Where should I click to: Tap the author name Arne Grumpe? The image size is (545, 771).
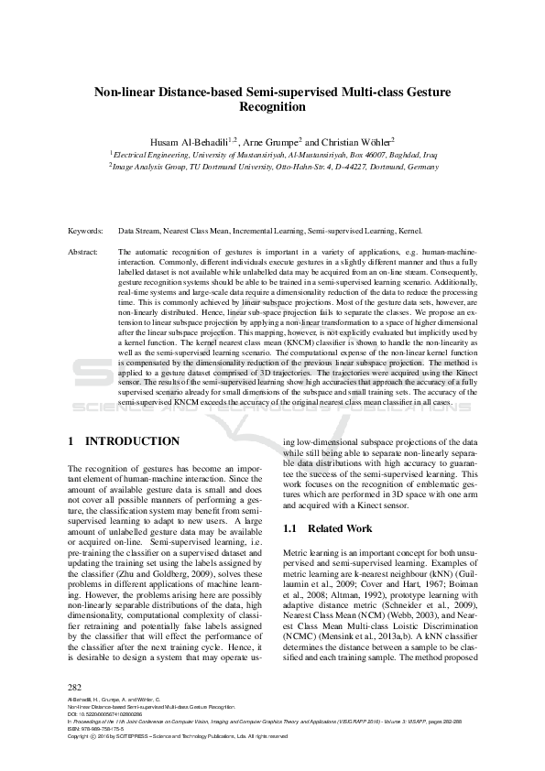273,142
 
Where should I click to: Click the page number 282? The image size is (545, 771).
76,686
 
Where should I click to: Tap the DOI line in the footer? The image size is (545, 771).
105,714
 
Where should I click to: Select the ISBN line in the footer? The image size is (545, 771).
96,729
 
